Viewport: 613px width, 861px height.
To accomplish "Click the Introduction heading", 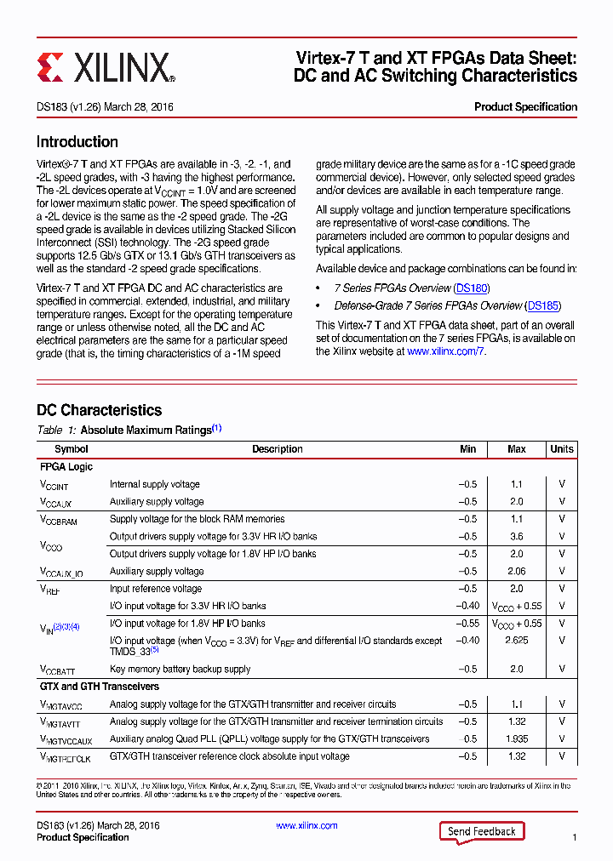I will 77,142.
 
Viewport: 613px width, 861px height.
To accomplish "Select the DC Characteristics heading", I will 99,410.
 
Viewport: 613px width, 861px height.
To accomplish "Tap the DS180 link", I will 472,288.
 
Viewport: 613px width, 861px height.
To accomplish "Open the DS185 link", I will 543,305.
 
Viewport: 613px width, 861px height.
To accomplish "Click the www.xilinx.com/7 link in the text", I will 445,351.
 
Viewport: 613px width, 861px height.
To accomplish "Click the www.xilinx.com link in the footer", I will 306,825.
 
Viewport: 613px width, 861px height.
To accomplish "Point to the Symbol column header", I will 72,449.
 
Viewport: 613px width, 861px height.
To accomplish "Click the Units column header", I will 561,449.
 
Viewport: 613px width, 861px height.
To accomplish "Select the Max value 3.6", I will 516,537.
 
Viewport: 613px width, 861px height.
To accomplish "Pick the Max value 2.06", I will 516,572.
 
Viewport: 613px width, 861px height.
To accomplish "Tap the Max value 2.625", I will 516,641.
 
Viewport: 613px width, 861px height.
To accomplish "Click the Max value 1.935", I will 516,739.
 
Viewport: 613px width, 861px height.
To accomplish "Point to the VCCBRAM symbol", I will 58,520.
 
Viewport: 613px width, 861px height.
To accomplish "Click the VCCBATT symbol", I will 57,670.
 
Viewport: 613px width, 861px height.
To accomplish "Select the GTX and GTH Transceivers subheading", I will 100,687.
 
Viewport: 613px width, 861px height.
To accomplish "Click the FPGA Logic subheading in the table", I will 66,467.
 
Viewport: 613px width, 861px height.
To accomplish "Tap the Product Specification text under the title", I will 525,107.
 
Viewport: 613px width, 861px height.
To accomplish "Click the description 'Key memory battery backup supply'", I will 180,670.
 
